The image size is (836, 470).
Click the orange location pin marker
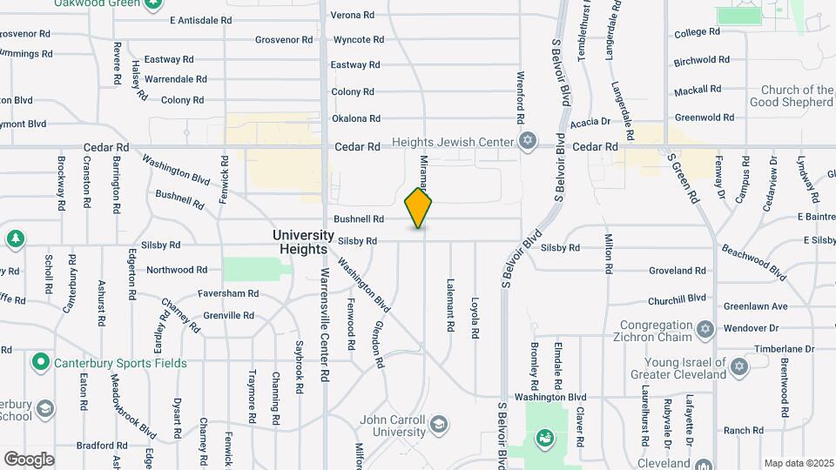tap(419, 207)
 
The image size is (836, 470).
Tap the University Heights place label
tap(303, 242)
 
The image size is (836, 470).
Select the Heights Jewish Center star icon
tap(527, 141)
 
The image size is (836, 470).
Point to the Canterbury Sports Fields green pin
tap(40, 361)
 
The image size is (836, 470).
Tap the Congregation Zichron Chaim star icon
tap(705, 329)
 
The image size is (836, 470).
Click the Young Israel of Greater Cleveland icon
tap(739, 366)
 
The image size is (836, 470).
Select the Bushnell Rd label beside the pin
tap(358, 219)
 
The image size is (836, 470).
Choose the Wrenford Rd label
tap(521, 97)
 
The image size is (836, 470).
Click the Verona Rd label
tap(352, 15)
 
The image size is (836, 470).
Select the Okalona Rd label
tap(356, 118)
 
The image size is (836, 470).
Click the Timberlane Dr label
tap(783, 348)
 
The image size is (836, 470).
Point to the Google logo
tap(29, 459)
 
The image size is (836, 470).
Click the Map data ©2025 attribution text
tap(798, 463)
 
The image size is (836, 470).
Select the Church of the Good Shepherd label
tap(797, 96)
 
